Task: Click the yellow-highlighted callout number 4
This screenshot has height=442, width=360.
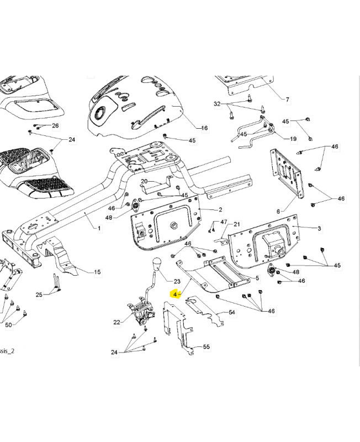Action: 175,295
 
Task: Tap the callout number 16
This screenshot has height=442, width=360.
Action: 204,128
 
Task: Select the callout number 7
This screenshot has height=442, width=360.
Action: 287,99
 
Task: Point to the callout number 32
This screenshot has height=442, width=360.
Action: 217,104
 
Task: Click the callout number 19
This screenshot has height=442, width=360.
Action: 293,138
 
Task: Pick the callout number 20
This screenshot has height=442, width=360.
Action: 144,181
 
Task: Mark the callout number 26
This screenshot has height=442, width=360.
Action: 55,126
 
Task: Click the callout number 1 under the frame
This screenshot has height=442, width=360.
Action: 99,228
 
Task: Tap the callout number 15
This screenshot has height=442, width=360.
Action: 97,271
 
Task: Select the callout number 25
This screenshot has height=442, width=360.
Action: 39,294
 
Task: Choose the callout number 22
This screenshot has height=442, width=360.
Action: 117,322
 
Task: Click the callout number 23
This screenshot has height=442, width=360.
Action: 177,281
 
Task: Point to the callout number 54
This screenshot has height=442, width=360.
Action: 232,313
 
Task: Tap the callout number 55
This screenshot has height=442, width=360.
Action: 207,347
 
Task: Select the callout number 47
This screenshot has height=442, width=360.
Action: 224,222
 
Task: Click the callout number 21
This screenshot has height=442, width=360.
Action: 236,224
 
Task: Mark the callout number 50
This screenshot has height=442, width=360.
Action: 8,324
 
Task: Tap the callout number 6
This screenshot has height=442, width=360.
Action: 279,211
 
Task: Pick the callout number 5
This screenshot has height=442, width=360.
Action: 257,278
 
